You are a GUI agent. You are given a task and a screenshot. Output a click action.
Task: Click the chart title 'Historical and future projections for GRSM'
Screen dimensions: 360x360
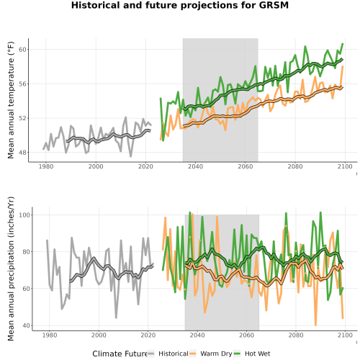coord(180,5)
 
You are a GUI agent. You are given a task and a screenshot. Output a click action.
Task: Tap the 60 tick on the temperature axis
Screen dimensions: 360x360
coord(22,50)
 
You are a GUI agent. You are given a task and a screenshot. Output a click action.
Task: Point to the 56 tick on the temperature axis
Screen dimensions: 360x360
coord(22,84)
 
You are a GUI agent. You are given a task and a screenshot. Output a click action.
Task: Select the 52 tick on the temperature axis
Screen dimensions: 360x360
coord(22,118)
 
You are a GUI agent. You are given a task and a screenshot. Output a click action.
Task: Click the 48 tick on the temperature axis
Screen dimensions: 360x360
coord(22,153)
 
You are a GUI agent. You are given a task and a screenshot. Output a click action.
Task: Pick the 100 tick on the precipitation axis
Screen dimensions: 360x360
coord(24,215)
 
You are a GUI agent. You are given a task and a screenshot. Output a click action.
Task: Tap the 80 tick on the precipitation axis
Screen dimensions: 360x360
coord(26,252)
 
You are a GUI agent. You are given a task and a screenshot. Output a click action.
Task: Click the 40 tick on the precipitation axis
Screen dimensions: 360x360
coord(26,325)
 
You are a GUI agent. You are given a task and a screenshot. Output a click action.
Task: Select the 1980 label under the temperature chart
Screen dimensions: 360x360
coord(46,166)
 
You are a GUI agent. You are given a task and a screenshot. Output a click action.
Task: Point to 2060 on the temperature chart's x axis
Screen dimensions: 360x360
coord(246,166)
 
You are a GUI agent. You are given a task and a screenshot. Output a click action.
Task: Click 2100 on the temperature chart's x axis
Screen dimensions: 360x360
coord(345,166)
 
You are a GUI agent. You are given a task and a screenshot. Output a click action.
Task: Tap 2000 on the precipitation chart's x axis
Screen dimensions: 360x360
coord(99,335)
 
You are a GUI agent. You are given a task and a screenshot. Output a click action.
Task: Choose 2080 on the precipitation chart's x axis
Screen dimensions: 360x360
coord(296,335)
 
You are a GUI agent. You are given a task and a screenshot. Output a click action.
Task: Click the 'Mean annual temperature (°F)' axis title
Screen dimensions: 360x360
coord(11,100)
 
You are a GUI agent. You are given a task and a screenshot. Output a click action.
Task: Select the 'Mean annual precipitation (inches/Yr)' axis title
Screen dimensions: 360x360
coord(11,269)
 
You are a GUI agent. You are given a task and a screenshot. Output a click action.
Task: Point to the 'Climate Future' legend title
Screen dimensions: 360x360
coord(120,354)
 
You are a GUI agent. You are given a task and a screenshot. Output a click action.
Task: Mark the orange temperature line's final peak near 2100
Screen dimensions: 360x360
coord(343,66)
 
